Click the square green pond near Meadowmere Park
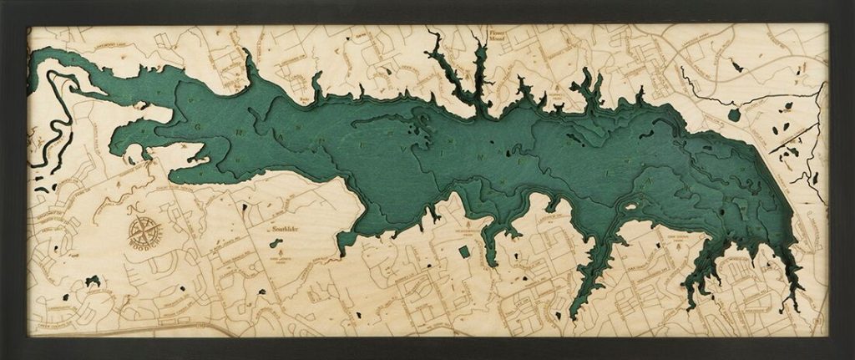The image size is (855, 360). pos(465,251)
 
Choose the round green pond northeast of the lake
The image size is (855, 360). pos(734,114)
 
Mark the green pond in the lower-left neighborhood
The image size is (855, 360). pos(93,280)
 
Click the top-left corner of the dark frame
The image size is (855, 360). pos(3,3)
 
